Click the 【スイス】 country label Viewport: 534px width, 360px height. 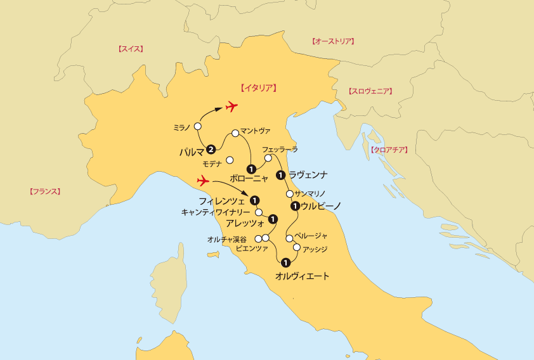point(131,49)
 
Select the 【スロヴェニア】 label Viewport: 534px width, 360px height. point(370,91)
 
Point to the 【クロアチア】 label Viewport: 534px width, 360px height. point(387,150)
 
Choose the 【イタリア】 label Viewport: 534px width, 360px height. point(258,88)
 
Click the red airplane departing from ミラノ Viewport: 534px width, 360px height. point(231,106)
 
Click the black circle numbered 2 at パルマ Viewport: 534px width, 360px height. point(211,150)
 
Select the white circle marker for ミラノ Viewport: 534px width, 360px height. point(198,127)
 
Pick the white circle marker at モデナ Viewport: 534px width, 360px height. point(230,160)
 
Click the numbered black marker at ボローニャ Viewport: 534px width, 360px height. point(252,169)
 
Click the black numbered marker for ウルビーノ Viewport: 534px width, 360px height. point(294,205)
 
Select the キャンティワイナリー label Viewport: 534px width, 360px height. point(216,212)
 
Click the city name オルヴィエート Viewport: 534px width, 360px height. point(303,276)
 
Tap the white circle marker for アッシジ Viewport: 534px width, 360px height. point(296,247)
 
